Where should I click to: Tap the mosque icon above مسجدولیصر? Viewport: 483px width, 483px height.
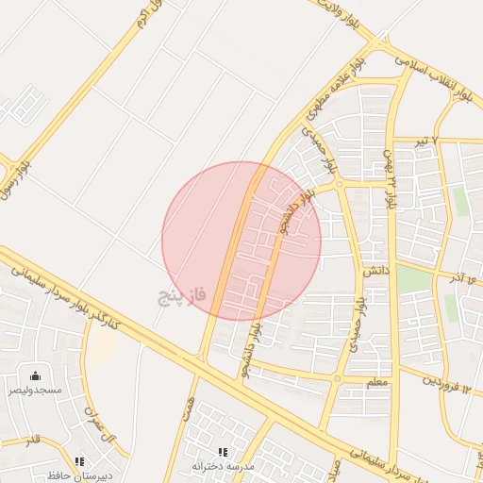point(36,376)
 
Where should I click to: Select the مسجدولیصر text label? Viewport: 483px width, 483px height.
point(36,390)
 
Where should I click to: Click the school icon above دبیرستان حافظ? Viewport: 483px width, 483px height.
point(79,461)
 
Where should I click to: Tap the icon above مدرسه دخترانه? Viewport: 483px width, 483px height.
point(223,453)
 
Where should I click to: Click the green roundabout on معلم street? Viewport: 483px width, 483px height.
point(337,379)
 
